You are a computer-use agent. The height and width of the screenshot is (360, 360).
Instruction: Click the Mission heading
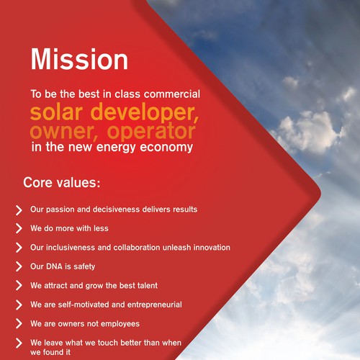click(79, 59)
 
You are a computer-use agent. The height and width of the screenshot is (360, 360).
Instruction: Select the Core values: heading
click(62, 183)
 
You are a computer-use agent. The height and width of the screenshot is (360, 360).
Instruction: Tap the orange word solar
click(56, 112)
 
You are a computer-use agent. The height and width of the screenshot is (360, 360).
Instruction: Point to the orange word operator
click(151, 132)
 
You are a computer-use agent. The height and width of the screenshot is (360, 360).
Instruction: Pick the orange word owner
click(63, 132)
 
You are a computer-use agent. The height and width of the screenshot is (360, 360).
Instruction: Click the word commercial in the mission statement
click(172, 94)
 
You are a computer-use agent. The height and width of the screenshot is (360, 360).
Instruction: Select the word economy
click(166, 148)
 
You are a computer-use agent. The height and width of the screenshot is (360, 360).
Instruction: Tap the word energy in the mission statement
click(116, 148)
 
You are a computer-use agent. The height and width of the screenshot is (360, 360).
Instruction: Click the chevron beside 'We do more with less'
click(19, 228)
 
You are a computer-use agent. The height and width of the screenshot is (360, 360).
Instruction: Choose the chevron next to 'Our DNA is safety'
click(19, 266)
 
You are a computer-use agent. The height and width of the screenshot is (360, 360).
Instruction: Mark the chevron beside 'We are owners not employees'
click(19, 323)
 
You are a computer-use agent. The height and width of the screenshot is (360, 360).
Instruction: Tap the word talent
click(148, 285)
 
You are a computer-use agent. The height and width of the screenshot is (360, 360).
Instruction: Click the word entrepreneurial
click(155, 305)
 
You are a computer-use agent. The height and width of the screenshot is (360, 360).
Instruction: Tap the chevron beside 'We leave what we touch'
click(19, 343)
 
